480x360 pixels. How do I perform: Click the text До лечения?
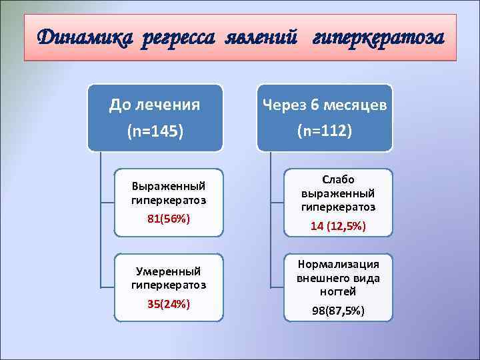(x=155, y=105)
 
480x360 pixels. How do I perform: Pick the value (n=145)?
(x=155, y=131)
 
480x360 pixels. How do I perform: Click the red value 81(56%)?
(x=169, y=219)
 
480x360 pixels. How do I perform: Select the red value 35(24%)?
(x=169, y=304)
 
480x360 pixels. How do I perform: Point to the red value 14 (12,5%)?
(x=338, y=227)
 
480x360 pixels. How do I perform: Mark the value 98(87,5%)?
(x=338, y=311)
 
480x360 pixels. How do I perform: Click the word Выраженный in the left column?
(x=169, y=186)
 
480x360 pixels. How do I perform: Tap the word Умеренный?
(x=169, y=271)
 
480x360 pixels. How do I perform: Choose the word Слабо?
(x=338, y=180)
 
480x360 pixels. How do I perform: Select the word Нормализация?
(x=338, y=263)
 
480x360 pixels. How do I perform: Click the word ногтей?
(x=338, y=291)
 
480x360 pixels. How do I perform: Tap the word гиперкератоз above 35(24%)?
(x=169, y=285)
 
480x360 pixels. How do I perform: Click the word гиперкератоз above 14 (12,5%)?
(x=338, y=207)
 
